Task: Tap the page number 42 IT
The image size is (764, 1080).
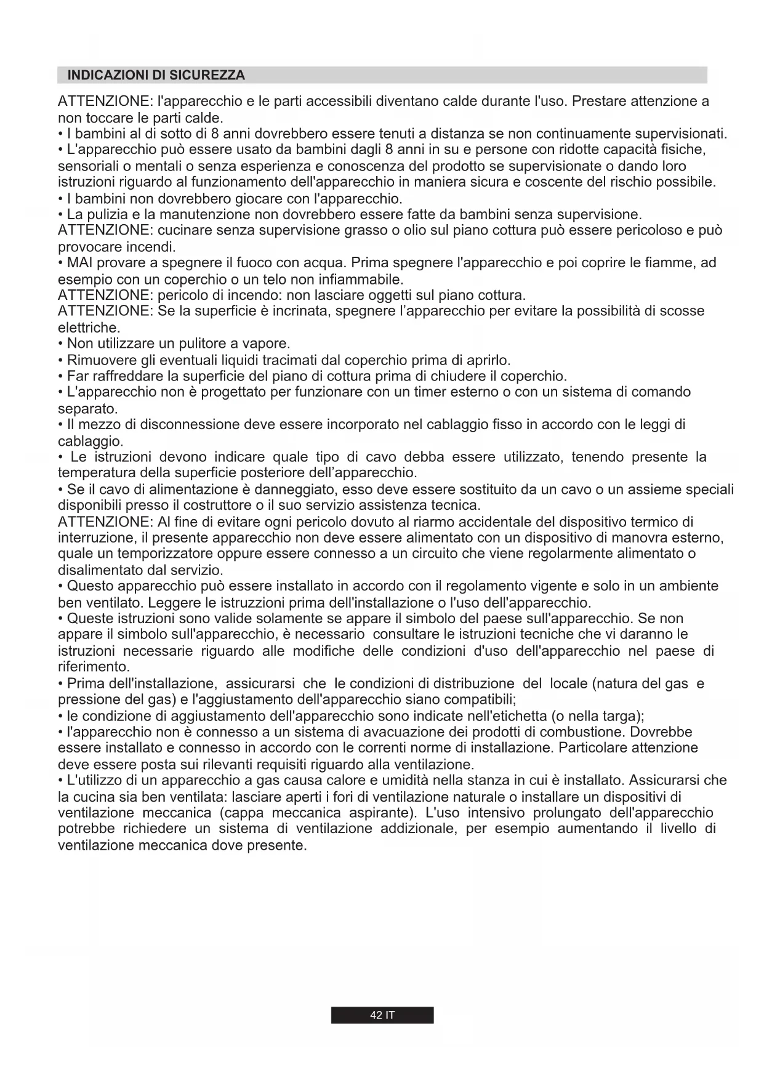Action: coord(382,1015)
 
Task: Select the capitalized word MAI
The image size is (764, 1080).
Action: coord(79,263)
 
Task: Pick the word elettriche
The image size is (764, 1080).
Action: coord(88,328)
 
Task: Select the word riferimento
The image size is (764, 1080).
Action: coord(93,667)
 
